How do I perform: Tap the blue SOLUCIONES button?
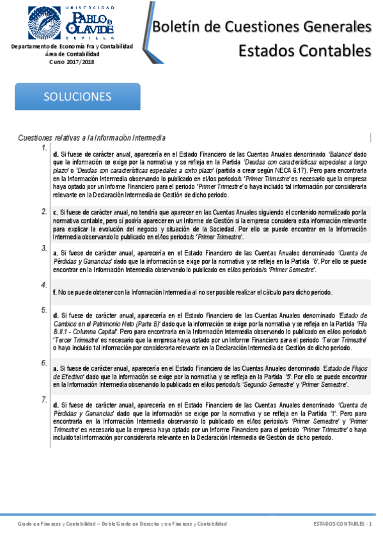point(77,97)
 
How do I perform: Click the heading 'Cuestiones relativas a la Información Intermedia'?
point(92,138)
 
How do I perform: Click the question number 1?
point(43,148)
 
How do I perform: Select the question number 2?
point(43,211)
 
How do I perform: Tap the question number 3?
point(43,247)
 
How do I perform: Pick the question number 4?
point(43,284)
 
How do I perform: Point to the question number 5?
point(43,310)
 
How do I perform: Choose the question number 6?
point(43,362)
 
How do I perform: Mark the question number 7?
point(43,400)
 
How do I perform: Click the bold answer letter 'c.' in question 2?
point(56,212)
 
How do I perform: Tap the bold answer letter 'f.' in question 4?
point(55,292)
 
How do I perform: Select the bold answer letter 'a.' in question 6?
point(56,368)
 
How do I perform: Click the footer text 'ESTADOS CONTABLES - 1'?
point(343,524)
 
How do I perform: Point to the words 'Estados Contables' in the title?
point(304,50)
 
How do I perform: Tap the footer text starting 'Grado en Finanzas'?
point(121,524)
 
